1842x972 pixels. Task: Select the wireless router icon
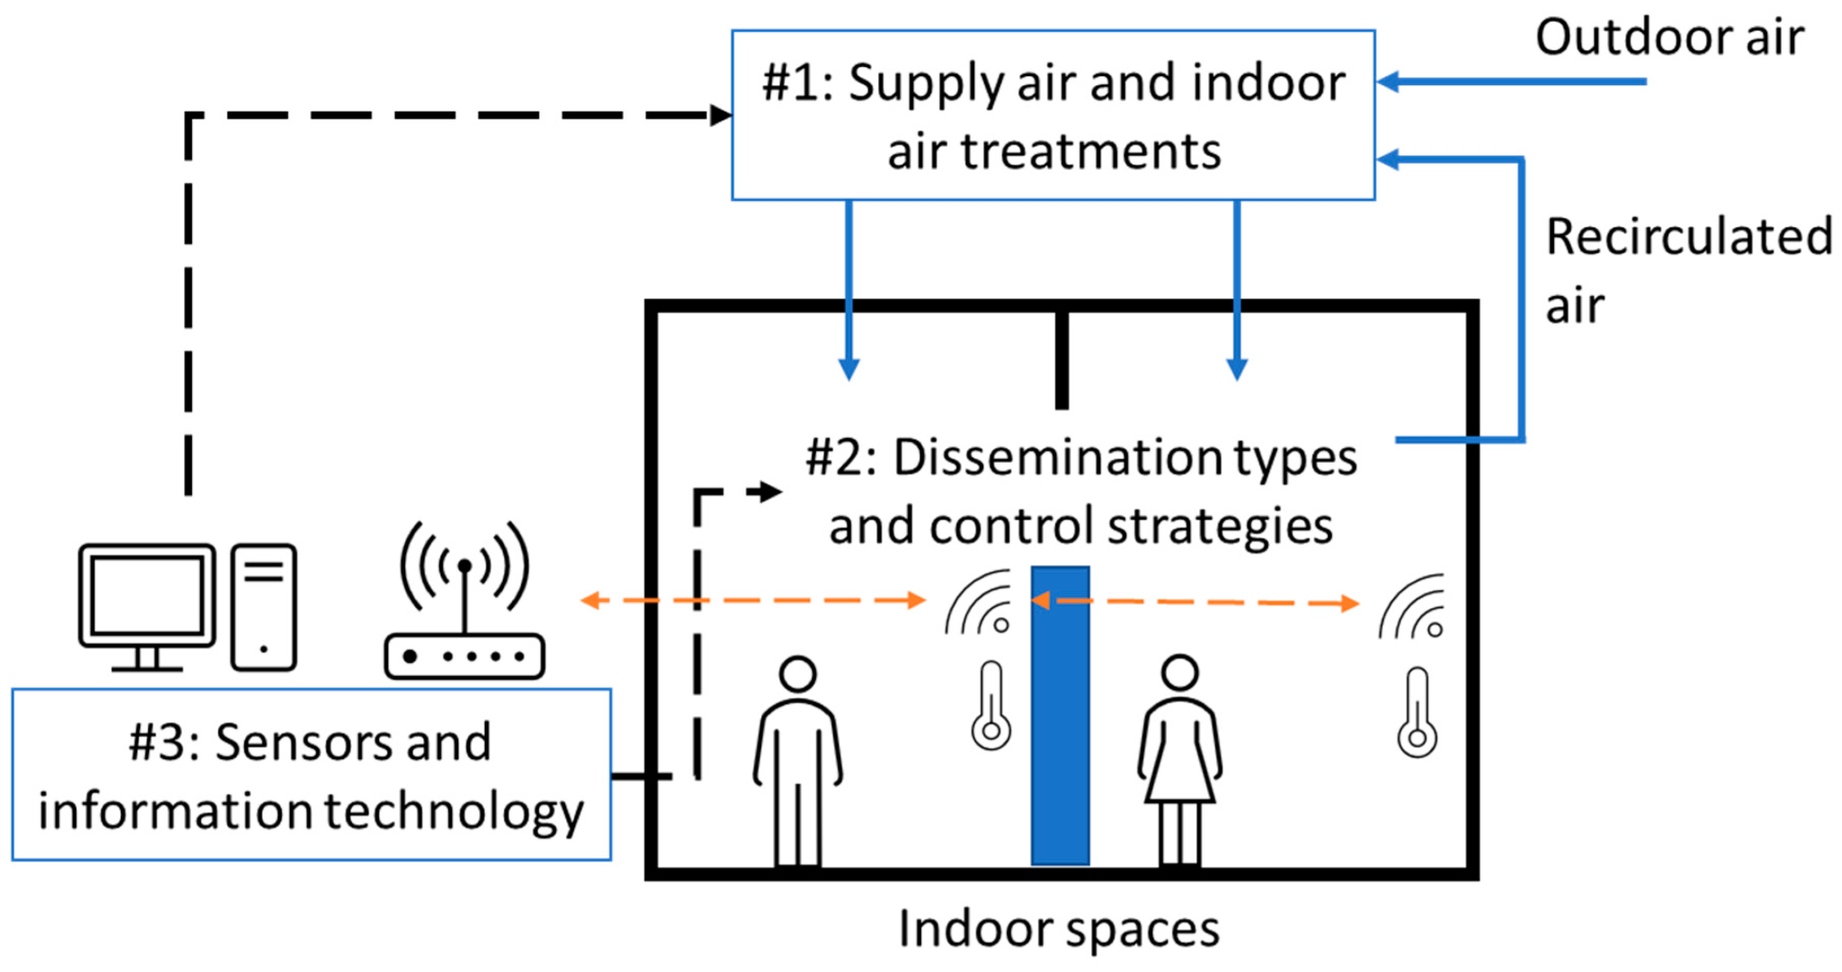pos(465,603)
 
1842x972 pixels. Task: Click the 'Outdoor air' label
pos(1669,38)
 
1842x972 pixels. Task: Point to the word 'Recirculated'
pos(1688,238)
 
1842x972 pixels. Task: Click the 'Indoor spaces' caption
pos(1058,929)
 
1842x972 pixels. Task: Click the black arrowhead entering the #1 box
pos(722,115)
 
